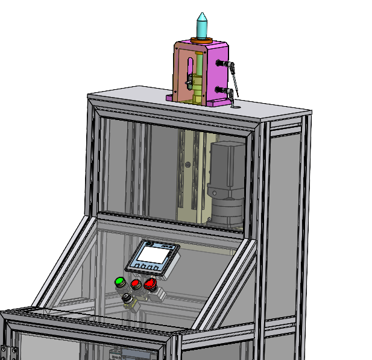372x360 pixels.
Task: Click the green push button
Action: (x=119, y=282)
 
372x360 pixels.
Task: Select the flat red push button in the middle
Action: (x=136, y=283)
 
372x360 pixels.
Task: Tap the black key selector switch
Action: (x=128, y=300)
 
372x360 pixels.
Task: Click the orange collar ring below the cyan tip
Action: (x=201, y=40)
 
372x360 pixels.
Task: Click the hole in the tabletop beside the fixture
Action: (x=235, y=107)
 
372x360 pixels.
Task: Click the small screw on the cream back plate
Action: (x=188, y=164)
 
